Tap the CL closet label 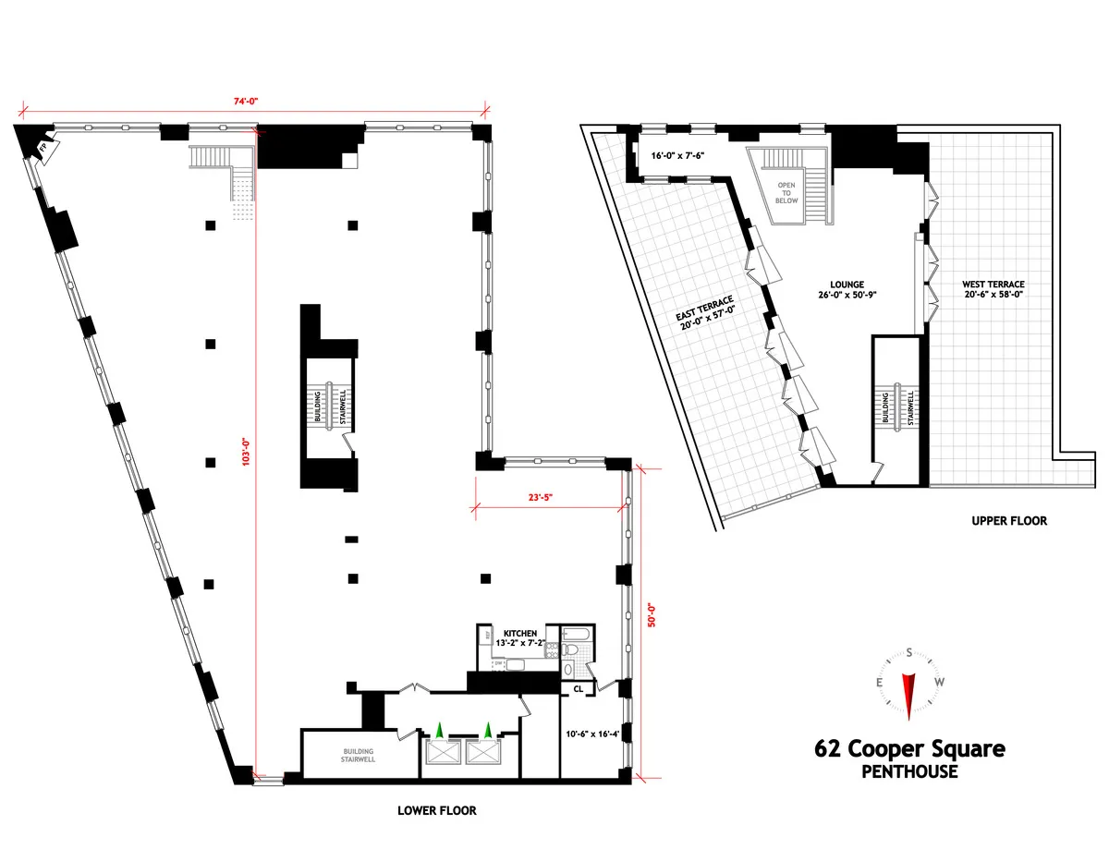click(x=578, y=688)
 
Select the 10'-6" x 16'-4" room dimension click(x=597, y=735)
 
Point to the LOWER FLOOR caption click(x=437, y=810)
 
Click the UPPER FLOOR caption click(x=1009, y=520)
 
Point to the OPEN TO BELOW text click(x=786, y=193)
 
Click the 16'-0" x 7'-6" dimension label click(x=678, y=156)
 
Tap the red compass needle click(x=908, y=693)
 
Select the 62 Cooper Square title click(x=908, y=749)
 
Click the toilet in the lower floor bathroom click(x=571, y=651)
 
